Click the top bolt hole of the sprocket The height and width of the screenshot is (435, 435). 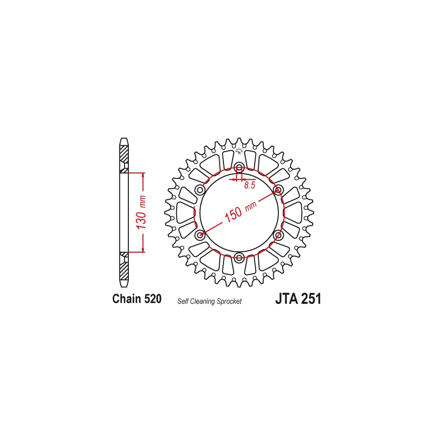[239, 167]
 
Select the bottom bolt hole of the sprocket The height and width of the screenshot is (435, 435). [239, 256]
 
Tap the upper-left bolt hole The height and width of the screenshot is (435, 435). [200, 190]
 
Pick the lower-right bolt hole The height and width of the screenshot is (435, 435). [278, 235]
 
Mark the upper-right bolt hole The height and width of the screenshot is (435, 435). [277, 190]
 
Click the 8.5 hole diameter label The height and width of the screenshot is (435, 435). [250, 185]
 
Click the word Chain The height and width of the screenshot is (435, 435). [127, 299]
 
